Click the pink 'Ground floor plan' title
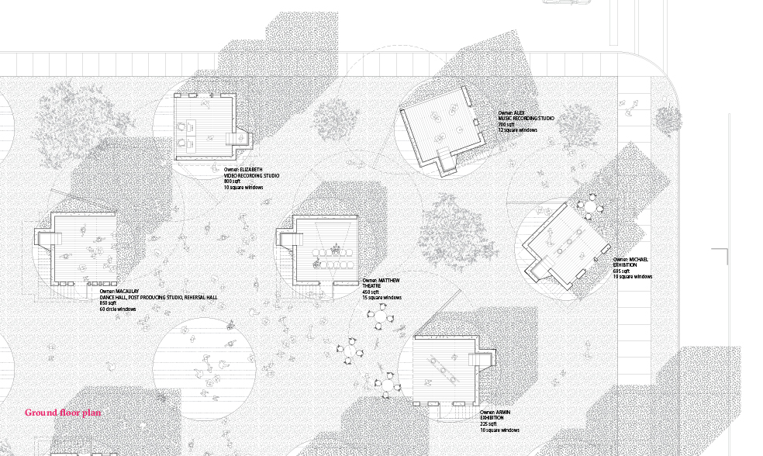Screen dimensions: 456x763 (x=63, y=413)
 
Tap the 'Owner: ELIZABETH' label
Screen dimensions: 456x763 (x=243, y=169)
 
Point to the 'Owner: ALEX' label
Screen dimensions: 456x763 (x=511, y=112)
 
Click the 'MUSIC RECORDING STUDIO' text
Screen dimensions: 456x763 (x=527, y=118)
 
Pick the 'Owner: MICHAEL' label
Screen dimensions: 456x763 (x=630, y=260)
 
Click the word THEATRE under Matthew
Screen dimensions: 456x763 (x=372, y=286)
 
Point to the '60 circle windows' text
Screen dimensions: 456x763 (x=118, y=309)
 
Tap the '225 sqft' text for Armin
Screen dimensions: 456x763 (x=489, y=424)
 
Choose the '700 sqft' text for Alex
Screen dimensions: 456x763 (x=506, y=124)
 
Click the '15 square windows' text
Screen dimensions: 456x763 (x=381, y=298)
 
